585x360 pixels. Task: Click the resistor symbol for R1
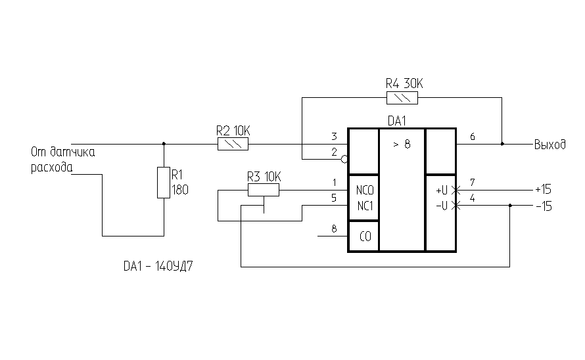tap(164, 183)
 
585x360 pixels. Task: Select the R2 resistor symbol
tap(233, 144)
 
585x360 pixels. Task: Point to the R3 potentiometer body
tap(264, 190)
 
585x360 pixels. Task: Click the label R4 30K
tap(404, 84)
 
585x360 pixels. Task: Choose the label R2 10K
tap(233, 129)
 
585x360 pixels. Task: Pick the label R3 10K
tap(264, 176)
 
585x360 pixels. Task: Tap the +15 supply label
tap(543, 189)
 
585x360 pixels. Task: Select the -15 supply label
tap(543, 206)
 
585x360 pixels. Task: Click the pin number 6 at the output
tap(473, 136)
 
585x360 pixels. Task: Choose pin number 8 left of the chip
tap(334, 229)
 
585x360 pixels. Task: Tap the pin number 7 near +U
tap(473, 182)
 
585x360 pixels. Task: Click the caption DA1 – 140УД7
tap(161, 267)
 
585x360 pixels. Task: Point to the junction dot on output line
tap(503, 144)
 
